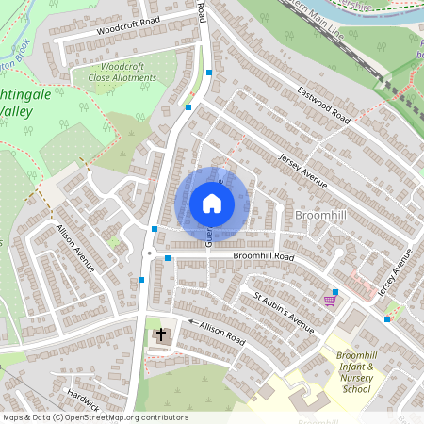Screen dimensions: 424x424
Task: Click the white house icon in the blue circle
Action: (212, 204)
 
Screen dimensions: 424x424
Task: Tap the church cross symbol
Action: (161, 334)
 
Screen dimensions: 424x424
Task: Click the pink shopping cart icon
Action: (329, 301)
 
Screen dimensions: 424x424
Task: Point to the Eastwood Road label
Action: (323, 105)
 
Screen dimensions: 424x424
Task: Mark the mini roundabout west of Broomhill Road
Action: (149, 253)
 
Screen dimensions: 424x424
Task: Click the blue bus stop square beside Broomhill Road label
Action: (168, 258)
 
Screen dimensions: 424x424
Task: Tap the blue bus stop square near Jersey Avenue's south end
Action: (387, 318)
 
